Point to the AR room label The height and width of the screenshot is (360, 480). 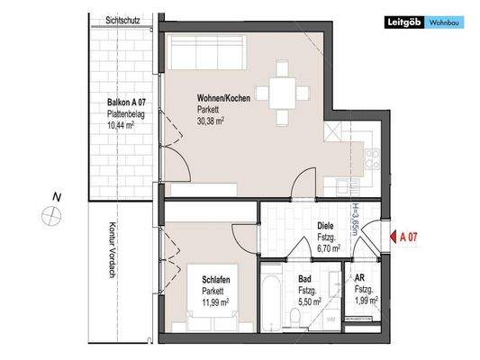pyautogui.click(x=359, y=280)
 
